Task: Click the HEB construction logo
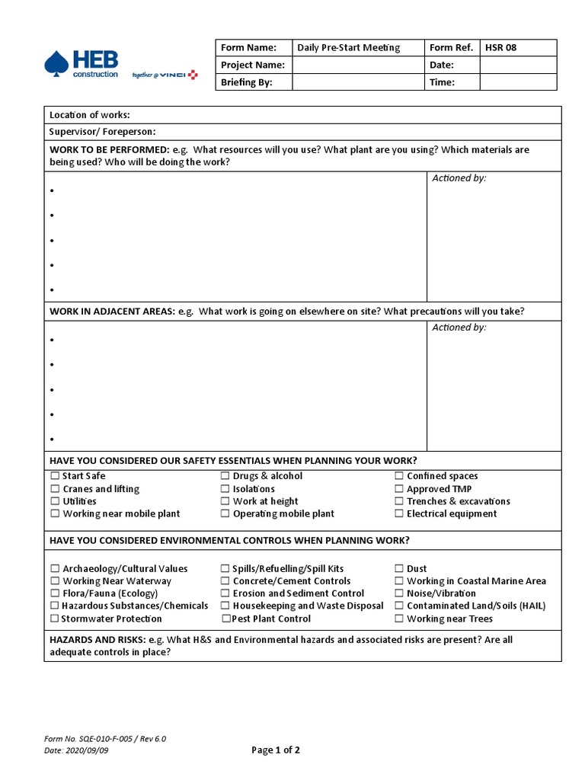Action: point(82,64)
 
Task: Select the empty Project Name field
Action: point(358,65)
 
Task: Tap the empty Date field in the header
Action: point(518,65)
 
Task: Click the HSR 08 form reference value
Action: point(500,47)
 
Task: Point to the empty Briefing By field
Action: point(358,82)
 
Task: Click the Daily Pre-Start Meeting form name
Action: point(348,47)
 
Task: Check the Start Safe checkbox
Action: point(55,476)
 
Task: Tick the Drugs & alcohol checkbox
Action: point(225,476)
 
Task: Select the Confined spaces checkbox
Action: point(399,476)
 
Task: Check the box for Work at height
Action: point(225,501)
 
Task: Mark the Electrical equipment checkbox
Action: point(399,513)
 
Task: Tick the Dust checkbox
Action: point(399,568)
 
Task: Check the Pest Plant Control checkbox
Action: point(225,619)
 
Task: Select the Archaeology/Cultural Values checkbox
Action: point(55,568)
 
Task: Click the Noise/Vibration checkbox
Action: point(399,593)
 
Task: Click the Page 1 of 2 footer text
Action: point(276,750)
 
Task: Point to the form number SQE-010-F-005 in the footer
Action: point(105,739)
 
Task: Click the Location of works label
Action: point(89,115)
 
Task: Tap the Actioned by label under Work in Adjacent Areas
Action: point(459,328)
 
